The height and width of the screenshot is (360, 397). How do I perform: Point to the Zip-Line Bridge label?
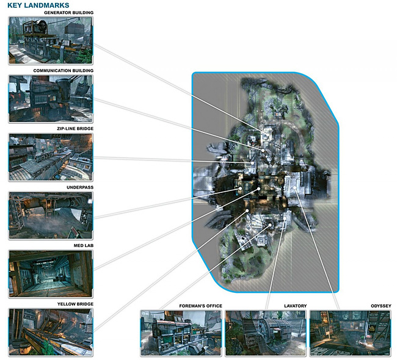[x=72, y=129]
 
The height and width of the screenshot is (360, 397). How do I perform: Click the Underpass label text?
[x=80, y=187]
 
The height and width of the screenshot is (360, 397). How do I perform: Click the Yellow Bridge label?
[x=75, y=304]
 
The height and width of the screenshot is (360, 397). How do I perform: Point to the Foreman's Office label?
[x=200, y=305]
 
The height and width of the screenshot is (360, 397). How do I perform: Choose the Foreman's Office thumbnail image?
[x=181, y=333]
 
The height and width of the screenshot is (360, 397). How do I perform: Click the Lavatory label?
[x=295, y=305]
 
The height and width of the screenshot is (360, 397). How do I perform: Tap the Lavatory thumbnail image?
[x=265, y=333]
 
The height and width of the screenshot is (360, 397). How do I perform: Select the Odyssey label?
[x=381, y=305]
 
